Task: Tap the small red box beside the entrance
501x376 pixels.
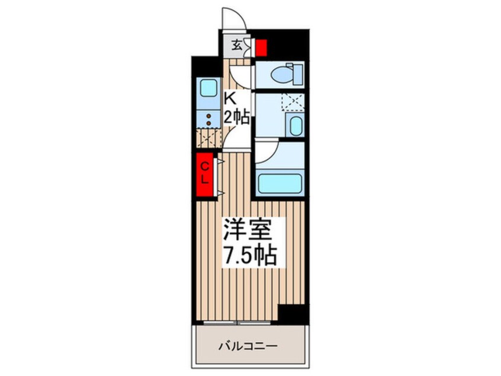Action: click(x=261, y=46)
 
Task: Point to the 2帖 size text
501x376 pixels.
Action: click(x=236, y=117)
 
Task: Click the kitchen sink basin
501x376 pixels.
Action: click(x=208, y=89)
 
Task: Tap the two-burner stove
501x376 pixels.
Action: click(x=208, y=118)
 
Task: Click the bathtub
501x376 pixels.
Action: click(x=279, y=182)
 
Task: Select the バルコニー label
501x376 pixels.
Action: click(x=249, y=345)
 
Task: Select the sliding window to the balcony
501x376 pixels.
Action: click(x=236, y=323)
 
